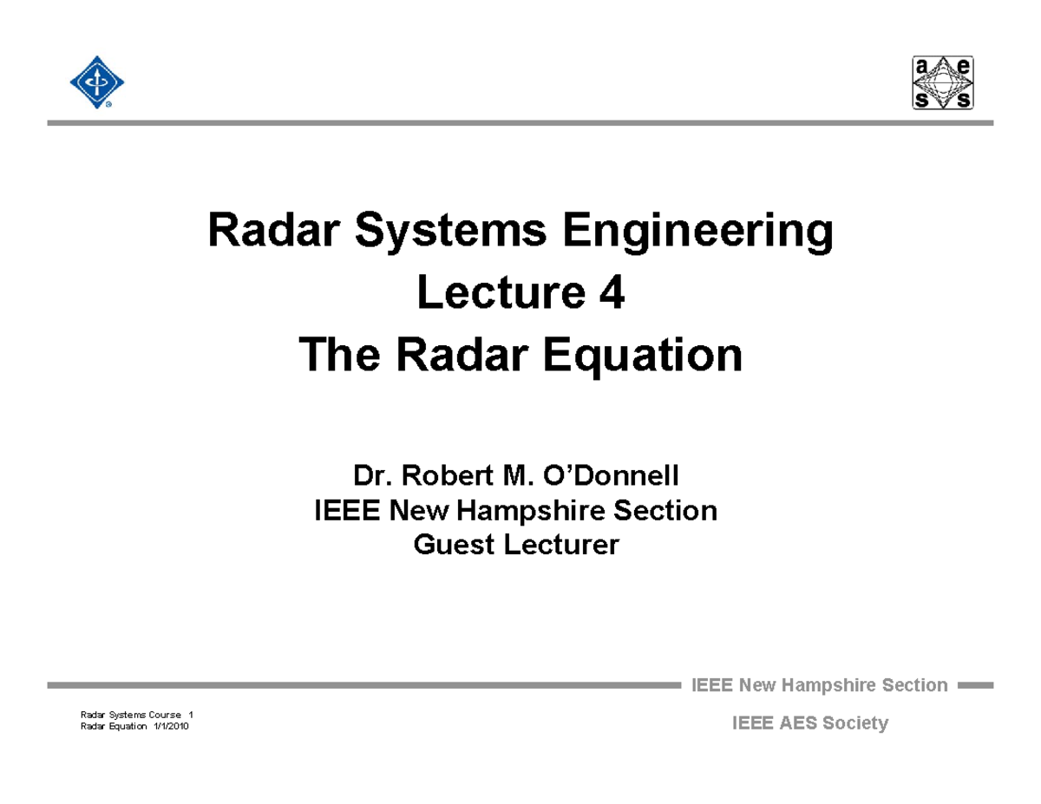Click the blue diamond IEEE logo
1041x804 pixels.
[96, 82]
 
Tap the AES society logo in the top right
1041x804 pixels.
[942, 83]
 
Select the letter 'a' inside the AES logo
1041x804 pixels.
[922, 66]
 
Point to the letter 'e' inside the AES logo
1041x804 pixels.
[963, 66]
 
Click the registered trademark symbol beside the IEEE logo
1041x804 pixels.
[108, 108]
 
